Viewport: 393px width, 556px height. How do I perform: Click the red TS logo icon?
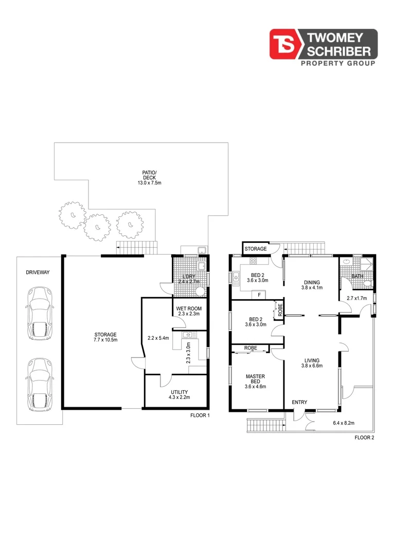pyautogui.click(x=285, y=45)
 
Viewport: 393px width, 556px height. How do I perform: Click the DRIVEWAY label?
pyautogui.click(x=38, y=272)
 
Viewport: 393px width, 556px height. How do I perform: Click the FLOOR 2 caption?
pyautogui.click(x=364, y=438)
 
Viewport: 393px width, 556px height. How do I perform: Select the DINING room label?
pyautogui.click(x=312, y=282)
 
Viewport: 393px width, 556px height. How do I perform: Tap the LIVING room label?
pyautogui.click(x=312, y=360)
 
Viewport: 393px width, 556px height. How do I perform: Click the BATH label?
pyautogui.click(x=356, y=276)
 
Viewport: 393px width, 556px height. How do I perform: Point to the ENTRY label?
pyautogui.click(x=299, y=402)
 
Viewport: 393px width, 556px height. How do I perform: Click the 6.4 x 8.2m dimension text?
pyautogui.click(x=344, y=423)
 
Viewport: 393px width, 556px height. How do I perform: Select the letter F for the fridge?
pyautogui.click(x=259, y=295)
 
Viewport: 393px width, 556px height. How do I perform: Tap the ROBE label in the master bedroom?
pyautogui.click(x=251, y=348)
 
